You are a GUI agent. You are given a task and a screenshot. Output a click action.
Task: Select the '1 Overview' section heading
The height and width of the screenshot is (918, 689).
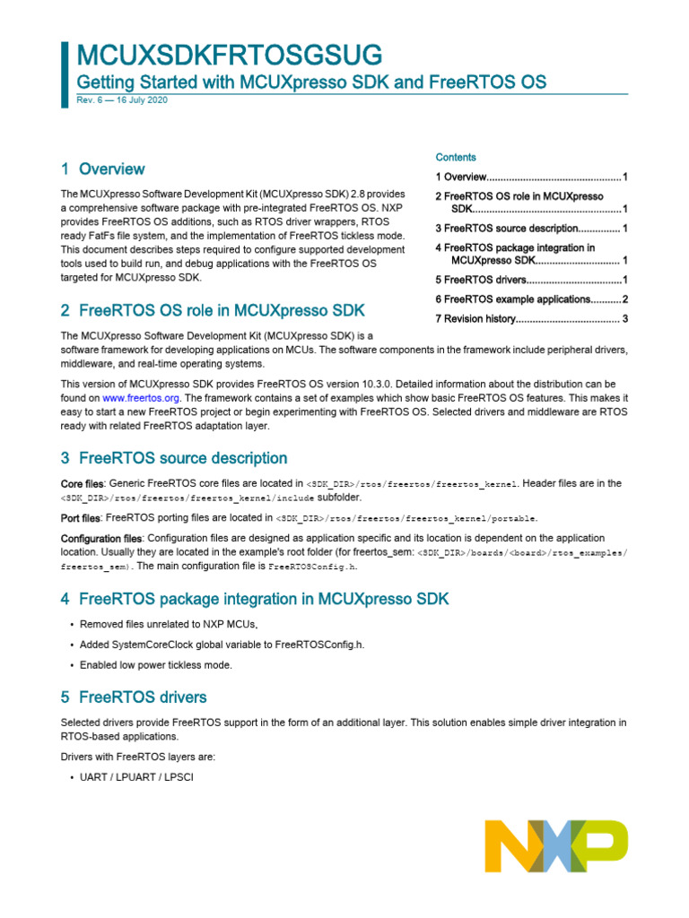pos(102,169)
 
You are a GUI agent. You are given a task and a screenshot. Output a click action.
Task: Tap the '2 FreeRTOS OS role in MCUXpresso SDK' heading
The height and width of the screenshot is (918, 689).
pos(213,311)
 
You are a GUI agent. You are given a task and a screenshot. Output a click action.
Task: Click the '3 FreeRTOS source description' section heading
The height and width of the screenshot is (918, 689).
pos(174,458)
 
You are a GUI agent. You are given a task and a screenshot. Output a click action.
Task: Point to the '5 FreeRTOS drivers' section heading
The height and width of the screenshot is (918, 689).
pos(134,697)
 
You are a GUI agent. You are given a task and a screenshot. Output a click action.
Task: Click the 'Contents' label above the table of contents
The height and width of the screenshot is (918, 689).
pos(456,157)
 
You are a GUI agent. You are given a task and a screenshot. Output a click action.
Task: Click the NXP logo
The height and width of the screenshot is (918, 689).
pos(556,846)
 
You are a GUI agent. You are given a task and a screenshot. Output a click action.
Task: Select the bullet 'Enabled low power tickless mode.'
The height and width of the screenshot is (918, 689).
pos(156,664)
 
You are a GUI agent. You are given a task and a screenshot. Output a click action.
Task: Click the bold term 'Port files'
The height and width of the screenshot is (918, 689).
pos(81,517)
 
